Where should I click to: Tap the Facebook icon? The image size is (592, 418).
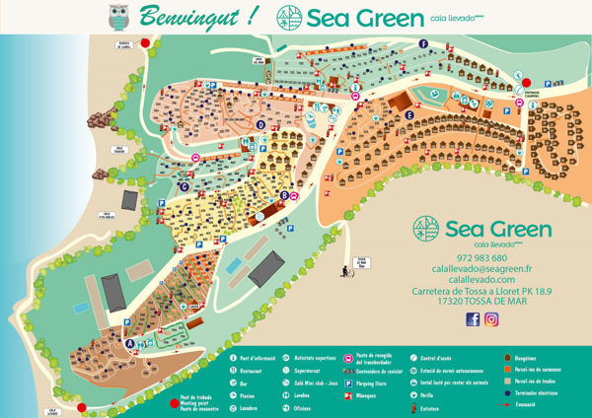(472, 318)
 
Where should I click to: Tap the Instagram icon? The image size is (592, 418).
(491, 318)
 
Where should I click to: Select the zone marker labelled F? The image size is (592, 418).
(423, 44)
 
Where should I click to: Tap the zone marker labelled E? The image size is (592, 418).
(408, 115)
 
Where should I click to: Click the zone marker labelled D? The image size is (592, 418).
(260, 125)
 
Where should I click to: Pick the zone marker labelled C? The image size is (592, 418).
(184, 184)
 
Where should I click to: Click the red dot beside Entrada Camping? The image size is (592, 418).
(526, 83)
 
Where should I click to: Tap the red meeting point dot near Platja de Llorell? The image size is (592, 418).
(145, 44)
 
